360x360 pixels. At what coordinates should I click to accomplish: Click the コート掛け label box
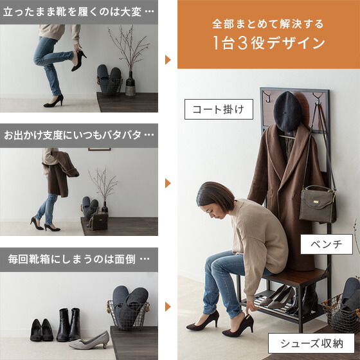click(215, 109)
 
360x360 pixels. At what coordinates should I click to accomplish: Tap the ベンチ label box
click(327, 244)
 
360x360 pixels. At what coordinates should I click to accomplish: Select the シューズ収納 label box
click(311, 343)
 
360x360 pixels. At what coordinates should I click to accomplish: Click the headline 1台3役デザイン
click(269, 44)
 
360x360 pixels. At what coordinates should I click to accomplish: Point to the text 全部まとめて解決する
click(268, 24)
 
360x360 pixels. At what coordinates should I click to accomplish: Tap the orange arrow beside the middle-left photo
click(168, 183)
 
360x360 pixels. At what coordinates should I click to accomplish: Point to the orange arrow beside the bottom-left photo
click(168, 307)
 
